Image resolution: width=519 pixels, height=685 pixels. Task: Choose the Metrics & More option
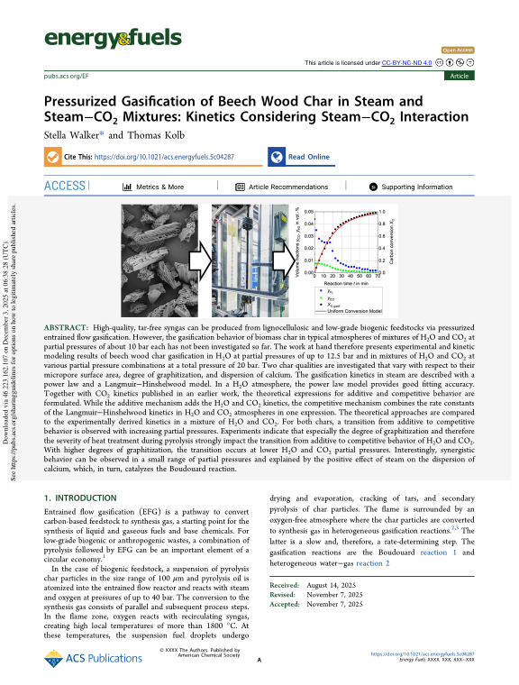(x=152, y=187)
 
